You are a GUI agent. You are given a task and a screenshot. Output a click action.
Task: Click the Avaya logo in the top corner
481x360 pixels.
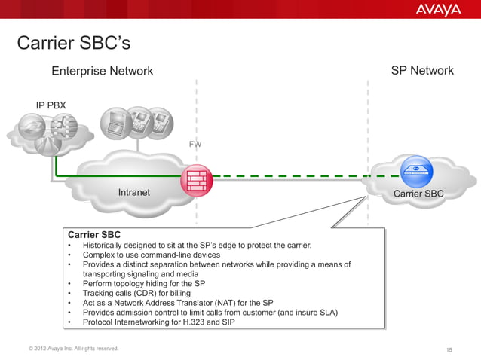tap(438, 10)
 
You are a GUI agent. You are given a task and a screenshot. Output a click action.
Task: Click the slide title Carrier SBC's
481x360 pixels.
tap(73, 43)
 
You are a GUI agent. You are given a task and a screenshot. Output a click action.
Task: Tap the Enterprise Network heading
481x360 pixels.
tap(102, 71)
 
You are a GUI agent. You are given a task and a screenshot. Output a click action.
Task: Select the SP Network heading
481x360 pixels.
tap(421, 70)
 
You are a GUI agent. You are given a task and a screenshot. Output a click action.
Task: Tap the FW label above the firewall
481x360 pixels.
tap(195, 144)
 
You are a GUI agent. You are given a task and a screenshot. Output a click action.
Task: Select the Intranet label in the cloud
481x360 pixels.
tap(133, 193)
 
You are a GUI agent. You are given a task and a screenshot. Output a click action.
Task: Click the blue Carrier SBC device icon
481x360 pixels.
tap(415, 168)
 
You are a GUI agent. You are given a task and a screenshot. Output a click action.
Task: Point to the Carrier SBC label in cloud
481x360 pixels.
tap(418, 194)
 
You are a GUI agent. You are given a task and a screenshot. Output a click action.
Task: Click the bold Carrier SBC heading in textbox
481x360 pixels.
tap(94, 234)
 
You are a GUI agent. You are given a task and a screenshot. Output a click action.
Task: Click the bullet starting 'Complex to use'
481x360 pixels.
tap(151, 255)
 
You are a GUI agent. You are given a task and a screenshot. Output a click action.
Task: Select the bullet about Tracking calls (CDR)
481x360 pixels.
tap(136, 293)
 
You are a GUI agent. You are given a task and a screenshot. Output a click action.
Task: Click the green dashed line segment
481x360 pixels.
tap(302, 178)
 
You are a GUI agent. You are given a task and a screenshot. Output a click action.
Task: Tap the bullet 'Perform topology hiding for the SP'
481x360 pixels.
tap(144, 284)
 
